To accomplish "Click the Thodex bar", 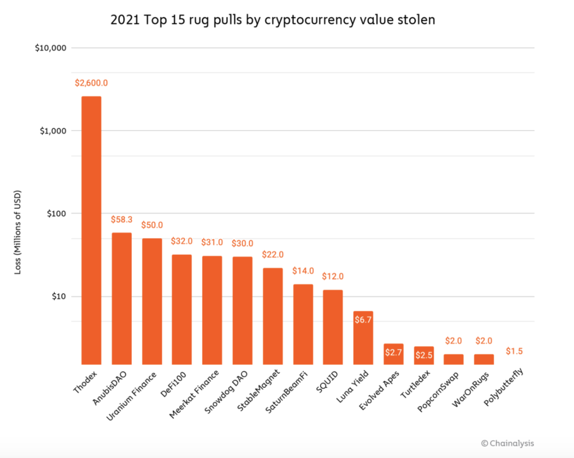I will click(x=91, y=230).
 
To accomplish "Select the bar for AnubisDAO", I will click(x=122, y=298).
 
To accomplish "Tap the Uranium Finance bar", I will click(x=152, y=301).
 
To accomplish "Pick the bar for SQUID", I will click(x=332, y=327).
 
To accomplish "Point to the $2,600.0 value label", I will click(x=91, y=83).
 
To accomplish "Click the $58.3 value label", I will click(x=122, y=219).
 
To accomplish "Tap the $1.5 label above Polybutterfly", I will click(x=515, y=351).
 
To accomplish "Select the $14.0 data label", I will click(x=303, y=271).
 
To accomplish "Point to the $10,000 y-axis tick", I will click(x=51, y=48).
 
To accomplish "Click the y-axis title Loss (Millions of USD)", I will click(x=17, y=230).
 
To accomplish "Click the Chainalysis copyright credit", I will click(x=507, y=443).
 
